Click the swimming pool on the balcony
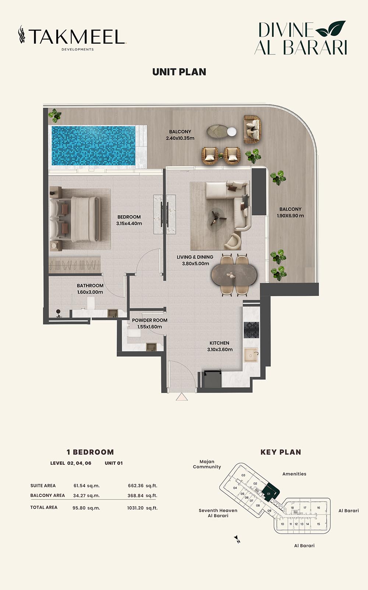click(93, 146)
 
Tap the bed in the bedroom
click(75, 219)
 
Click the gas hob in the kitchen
click(251, 330)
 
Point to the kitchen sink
click(251, 355)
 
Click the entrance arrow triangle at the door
click(182, 397)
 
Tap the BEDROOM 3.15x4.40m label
click(129, 220)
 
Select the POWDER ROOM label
click(150, 320)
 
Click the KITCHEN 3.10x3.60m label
click(220, 346)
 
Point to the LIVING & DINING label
click(195, 257)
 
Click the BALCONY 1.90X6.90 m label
click(290, 212)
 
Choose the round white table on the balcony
click(232, 132)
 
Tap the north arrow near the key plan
click(237, 539)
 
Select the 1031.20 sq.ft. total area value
click(142, 508)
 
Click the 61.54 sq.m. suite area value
click(86, 486)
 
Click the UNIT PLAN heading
click(179, 72)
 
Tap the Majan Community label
click(207, 464)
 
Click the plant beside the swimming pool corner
click(55, 116)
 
